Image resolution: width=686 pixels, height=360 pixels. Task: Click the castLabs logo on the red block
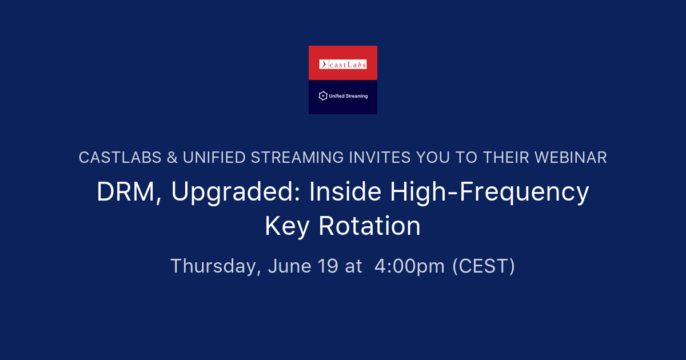pos(343,65)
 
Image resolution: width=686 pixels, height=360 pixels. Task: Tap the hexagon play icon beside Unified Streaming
pos(322,96)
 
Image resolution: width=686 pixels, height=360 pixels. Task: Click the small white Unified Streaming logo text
pos(348,96)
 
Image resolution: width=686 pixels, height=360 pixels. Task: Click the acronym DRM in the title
pos(126,192)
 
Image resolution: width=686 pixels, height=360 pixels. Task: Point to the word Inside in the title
pos(346,192)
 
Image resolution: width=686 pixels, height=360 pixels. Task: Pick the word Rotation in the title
pos(369,226)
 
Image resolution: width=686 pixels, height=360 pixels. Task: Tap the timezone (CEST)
pos(484,266)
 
